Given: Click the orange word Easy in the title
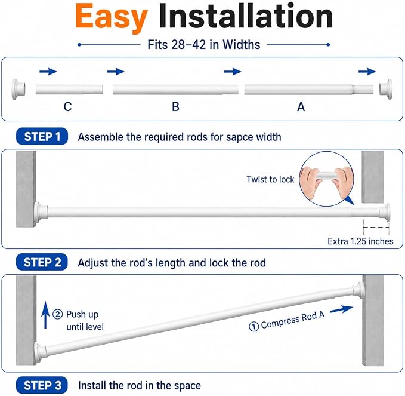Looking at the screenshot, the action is (112, 17).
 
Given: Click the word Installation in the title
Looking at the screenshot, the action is (246, 16).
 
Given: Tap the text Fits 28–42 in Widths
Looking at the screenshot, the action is (204, 44).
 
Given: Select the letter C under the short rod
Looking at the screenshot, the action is (67, 106).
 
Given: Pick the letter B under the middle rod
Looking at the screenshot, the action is (175, 106).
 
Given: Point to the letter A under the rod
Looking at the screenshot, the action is (301, 106).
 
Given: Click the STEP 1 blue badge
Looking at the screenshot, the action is (42, 136).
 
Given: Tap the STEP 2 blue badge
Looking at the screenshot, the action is (42, 262).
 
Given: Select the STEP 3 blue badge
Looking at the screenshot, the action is (42, 385).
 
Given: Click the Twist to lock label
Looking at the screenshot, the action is (270, 179).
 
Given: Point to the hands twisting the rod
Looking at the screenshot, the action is (327, 181).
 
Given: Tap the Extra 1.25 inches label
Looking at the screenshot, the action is (360, 241).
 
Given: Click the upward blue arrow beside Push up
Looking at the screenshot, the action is (45, 315).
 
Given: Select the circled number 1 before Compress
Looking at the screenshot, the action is (253, 327).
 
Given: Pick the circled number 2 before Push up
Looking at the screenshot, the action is (57, 314).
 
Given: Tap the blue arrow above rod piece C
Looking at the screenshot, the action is (48, 72).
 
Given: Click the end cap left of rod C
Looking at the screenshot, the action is (18, 89).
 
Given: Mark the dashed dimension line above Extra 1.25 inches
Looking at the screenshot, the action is (376, 228).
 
